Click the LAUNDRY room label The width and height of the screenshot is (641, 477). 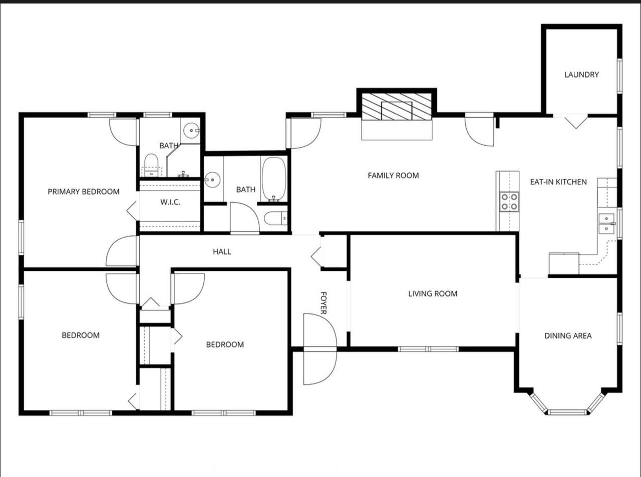581,75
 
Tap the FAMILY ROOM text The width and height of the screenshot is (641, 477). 393,175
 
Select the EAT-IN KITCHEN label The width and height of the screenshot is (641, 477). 558,182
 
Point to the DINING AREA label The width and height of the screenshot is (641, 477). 568,336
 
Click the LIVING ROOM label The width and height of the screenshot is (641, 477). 433,294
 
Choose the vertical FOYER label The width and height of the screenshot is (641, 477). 324,303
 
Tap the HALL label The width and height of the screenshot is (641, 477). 222,252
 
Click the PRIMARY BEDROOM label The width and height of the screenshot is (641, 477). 84,192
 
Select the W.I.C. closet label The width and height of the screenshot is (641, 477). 170,202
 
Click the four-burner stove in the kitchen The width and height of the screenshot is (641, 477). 509,202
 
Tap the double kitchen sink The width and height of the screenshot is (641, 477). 606,223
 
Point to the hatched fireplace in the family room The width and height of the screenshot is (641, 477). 397,106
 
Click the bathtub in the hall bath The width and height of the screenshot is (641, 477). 274,179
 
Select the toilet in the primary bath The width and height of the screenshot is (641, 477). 151,165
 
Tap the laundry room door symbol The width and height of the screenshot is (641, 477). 576,123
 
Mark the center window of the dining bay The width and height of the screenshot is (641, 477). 567,412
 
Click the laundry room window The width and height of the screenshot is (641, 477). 619,76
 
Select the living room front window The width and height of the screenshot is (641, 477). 428,349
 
